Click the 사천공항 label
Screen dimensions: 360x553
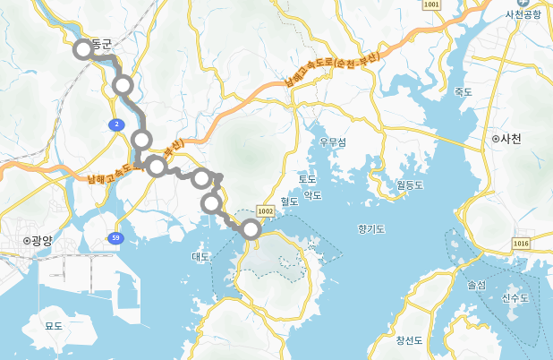click(x=524, y=15)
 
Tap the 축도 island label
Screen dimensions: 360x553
click(x=463, y=91)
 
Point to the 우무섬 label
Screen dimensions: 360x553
click(x=332, y=141)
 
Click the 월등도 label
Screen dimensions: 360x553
click(x=409, y=185)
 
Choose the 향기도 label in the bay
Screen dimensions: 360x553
click(x=370, y=229)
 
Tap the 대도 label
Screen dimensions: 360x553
click(x=200, y=257)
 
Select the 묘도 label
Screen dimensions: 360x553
click(x=54, y=326)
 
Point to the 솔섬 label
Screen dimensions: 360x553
click(x=476, y=285)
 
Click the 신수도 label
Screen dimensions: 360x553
click(x=515, y=298)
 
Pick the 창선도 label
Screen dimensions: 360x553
click(x=409, y=340)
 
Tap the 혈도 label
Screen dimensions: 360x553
click(x=288, y=201)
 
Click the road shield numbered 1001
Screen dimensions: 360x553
click(x=433, y=5)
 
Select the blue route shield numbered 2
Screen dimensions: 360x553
click(x=116, y=124)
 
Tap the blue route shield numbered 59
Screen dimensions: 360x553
click(x=116, y=237)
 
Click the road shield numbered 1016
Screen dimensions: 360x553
click(x=522, y=243)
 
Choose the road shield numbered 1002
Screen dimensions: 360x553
click(x=264, y=210)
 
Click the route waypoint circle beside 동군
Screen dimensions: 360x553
click(x=83, y=49)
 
